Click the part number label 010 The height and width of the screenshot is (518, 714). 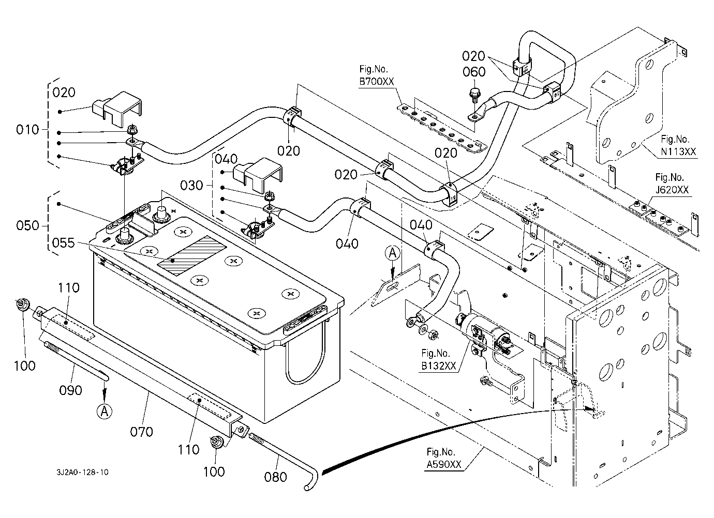coord(28,129)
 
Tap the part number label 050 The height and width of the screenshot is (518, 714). coord(28,225)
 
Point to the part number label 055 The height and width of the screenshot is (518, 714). coord(63,242)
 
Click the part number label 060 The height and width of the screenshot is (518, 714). coord(474,72)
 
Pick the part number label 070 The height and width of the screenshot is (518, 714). coord(141,431)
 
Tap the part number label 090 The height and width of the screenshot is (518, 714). coord(70,390)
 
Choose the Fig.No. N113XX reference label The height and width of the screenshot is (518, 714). coord(678,145)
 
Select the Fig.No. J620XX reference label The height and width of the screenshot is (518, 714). coord(672,184)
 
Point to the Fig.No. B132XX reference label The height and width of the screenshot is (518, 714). coord(439,360)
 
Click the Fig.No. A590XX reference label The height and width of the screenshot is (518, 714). coord(443,459)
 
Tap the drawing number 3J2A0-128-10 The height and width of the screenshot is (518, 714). coord(83,472)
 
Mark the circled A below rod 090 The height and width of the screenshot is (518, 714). coord(104,411)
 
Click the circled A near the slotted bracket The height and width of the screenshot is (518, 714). coord(393,253)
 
